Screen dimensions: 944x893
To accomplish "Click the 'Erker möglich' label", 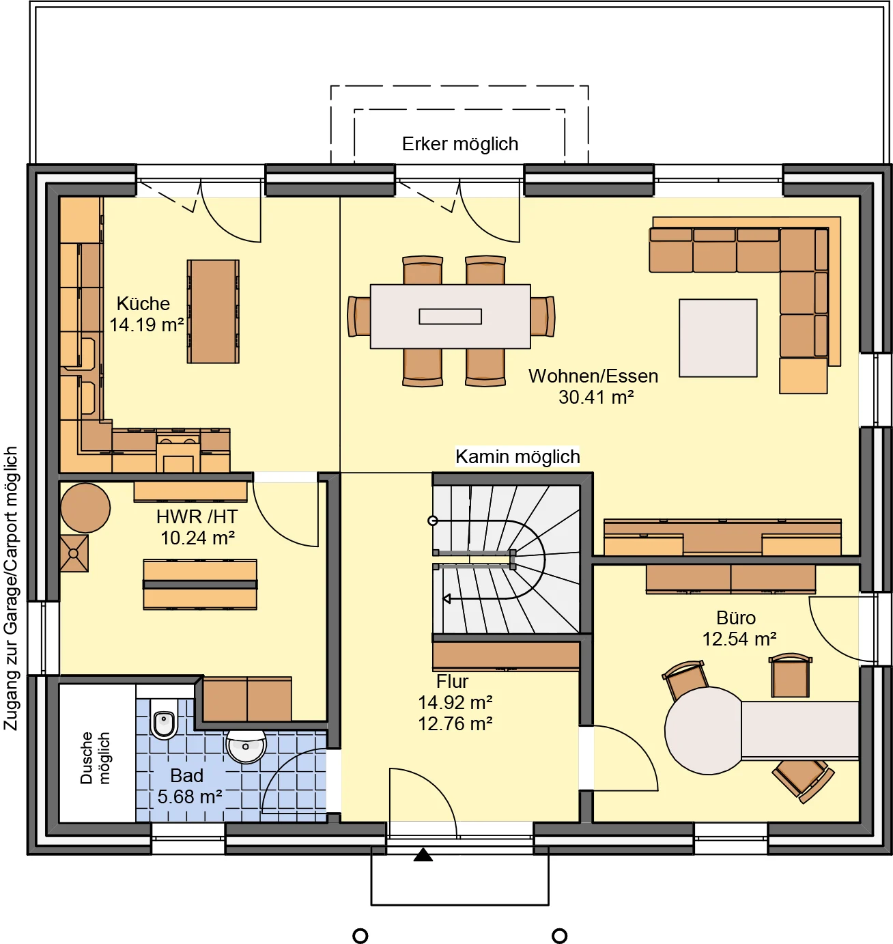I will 459,144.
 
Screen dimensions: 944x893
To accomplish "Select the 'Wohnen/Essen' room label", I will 593,376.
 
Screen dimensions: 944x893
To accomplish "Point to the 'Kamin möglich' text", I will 517,457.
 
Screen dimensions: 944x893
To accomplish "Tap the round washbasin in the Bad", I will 246,747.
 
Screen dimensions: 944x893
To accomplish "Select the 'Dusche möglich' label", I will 95,758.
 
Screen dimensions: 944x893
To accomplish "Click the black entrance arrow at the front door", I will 423,855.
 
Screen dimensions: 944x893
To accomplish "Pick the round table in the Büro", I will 703,730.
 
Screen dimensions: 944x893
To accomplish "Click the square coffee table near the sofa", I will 718,338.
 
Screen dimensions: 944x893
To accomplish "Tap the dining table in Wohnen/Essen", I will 451,316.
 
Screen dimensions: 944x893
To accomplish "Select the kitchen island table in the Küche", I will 213,311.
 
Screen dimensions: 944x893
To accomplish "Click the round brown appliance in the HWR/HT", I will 85,508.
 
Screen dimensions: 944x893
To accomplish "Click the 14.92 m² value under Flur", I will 455,703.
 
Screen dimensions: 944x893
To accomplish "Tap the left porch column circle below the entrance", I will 360,936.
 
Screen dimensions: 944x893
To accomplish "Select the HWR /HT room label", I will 197,517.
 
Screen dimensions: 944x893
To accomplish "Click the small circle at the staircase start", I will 432,520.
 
